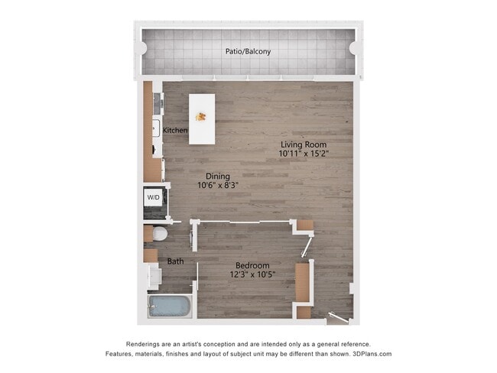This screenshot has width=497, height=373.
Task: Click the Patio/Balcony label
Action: pos(248,52)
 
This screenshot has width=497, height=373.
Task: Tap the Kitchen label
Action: pos(175,131)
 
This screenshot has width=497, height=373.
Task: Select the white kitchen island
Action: pos(202,118)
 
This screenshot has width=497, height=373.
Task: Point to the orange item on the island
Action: pos(202,117)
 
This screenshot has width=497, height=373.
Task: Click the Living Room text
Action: pos(304,144)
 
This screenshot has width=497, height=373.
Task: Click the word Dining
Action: pos(218,175)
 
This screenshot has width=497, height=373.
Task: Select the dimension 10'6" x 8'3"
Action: pos(219,185)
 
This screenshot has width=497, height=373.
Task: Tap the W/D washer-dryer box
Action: pos(154,197)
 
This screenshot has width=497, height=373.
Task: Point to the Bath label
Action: pos(176,261)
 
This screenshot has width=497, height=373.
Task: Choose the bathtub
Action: pos(169,307)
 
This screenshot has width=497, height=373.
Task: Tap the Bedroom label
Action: pos(252,265)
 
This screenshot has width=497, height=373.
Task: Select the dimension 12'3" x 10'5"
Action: pos(253,274)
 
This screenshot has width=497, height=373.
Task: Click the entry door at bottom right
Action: pos(336,316)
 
